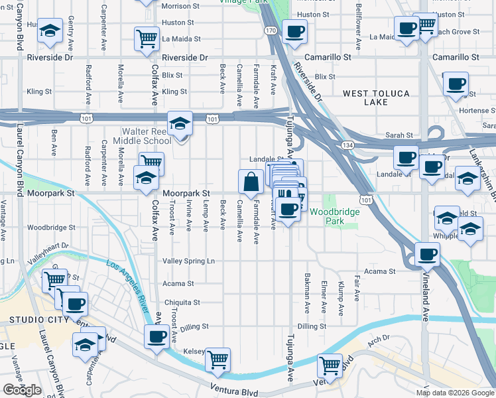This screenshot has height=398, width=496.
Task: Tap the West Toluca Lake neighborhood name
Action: [375, 98]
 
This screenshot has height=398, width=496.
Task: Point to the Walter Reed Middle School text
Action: [142, 135]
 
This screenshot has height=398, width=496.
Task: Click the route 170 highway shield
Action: [271, 31]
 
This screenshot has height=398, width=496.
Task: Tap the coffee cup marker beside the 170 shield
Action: [294, 30]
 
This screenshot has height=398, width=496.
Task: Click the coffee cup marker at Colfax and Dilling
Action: [157, 336]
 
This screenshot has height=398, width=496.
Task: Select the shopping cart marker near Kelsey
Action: [217, 359]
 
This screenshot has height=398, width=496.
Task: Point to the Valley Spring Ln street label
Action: [189, 261]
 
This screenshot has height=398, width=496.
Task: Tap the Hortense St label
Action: [477, 111]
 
